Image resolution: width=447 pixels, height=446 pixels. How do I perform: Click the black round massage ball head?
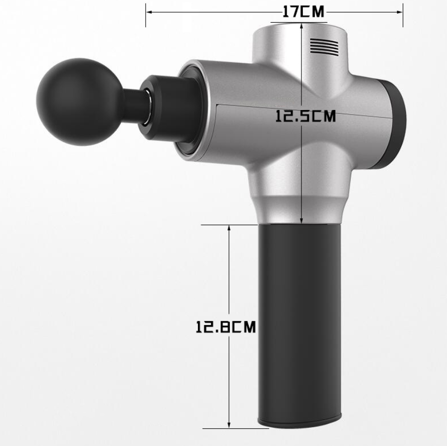click(x=79, y=102)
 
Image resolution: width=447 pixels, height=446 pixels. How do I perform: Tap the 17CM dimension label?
click(x=303, y=12)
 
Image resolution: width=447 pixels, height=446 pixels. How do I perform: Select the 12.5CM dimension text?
click(x=305, y=116)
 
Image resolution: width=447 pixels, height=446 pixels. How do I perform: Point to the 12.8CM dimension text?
click(x=226, y=327)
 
